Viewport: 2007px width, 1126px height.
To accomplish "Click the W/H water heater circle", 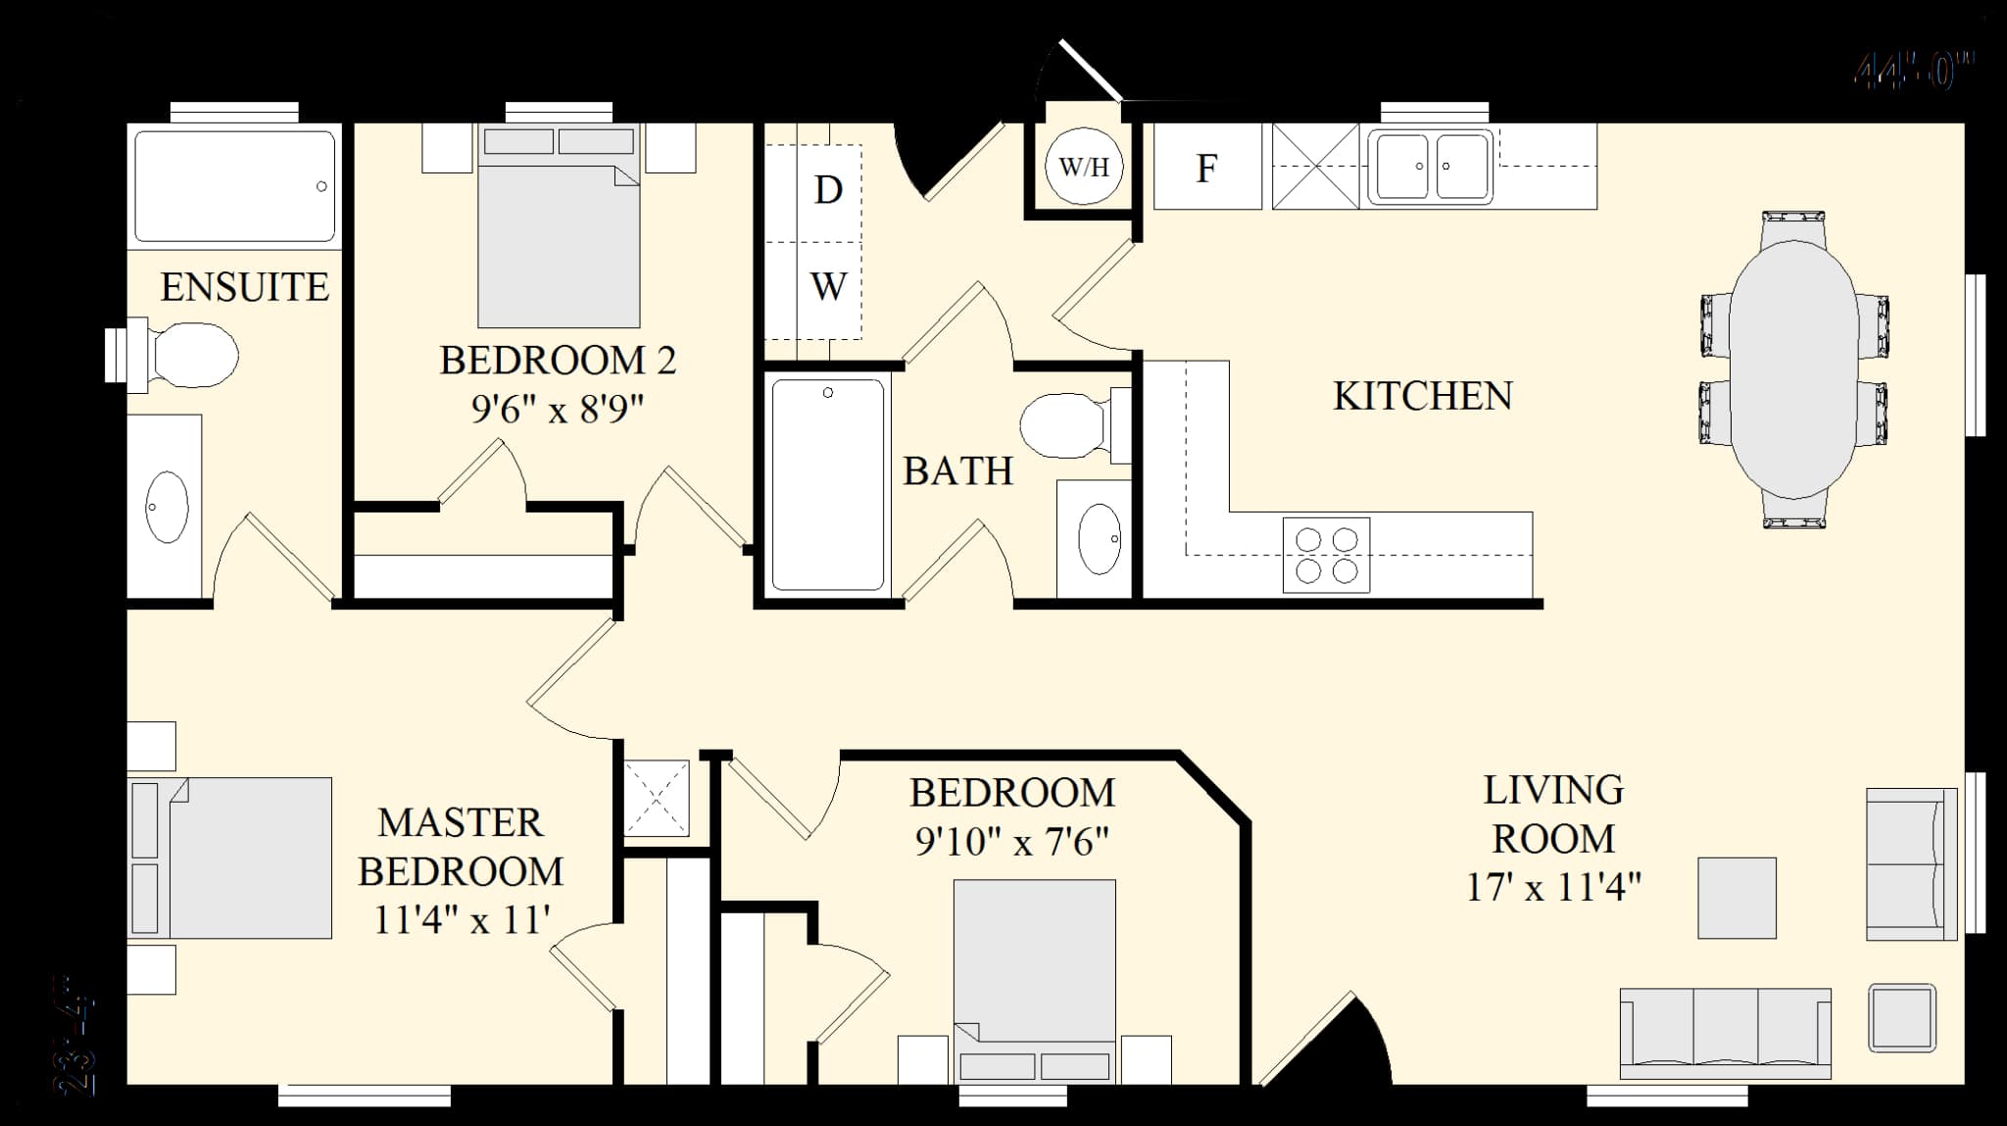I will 1083,167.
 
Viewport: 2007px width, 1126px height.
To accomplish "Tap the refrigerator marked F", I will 1206,168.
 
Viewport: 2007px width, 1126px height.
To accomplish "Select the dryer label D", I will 828,190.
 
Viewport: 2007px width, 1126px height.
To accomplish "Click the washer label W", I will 828,287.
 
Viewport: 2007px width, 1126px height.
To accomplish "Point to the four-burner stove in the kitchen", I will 1326,555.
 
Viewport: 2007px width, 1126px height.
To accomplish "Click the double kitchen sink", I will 1431,167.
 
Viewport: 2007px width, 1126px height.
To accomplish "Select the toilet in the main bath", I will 1063,426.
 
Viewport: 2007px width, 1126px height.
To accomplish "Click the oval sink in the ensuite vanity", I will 167,507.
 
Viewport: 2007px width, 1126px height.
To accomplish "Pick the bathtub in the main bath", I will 828,484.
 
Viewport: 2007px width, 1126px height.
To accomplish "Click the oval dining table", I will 1792,369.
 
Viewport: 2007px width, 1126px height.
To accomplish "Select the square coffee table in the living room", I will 1737,898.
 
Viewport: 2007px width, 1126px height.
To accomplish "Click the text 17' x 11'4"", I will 1553,888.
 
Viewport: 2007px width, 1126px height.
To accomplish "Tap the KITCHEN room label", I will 1422,396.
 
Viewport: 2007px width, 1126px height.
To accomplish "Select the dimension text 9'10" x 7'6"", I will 1011,842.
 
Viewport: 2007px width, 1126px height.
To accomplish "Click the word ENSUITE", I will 244,287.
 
